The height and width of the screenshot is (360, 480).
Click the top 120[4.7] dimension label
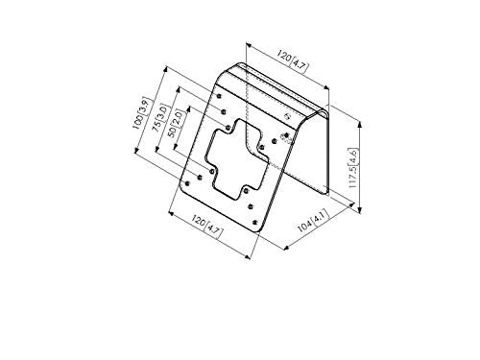point(293,60)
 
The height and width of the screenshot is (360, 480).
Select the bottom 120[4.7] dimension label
point(206,226)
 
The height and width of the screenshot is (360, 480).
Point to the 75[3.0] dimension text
point(160,118)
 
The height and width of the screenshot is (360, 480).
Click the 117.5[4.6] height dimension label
point(352,168)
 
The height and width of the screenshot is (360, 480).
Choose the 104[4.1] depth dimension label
point(313,221)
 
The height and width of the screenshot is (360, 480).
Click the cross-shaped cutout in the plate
point(237,159)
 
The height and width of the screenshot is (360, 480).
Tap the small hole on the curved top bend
point(287,116)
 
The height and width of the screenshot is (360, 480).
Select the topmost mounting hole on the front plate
point(219,96)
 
